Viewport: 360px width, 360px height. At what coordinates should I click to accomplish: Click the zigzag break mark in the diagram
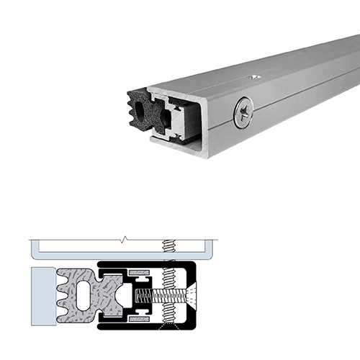(125, 238)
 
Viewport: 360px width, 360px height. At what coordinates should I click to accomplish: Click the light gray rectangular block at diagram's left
(42, 295)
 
